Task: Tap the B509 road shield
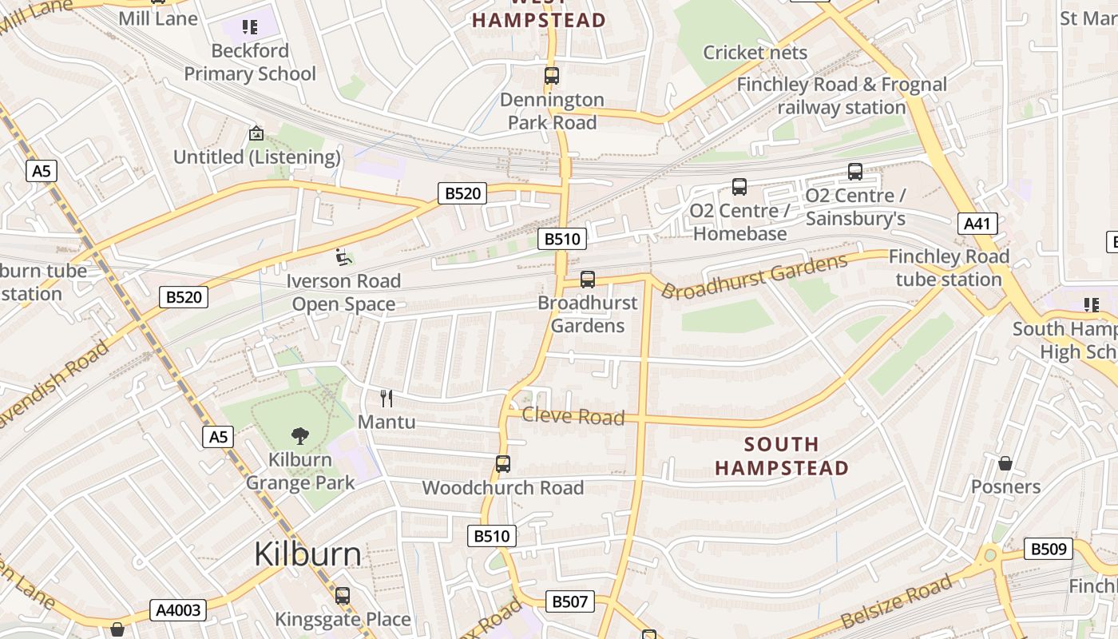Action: point(1048,549)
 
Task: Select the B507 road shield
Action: point(569,601)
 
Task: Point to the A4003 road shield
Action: point(178,611)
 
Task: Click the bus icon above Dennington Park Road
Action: point(551,76)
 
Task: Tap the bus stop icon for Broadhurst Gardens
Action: point(588,279)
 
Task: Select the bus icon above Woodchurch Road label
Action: point(502,463)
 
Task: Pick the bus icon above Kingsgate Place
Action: point(343,595)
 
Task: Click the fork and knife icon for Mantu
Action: point(387,398)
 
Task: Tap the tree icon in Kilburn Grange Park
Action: point(300,435)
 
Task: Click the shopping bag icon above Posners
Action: point(1005,463)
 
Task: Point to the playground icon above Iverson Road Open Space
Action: point(343,257)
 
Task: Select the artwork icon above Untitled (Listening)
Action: point(256,133)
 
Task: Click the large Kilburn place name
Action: point(307,554)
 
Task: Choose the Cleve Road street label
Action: point(573,416)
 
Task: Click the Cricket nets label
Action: point(755,53)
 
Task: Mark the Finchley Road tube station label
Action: point(949,268)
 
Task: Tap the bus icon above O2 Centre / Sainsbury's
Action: point(854,171)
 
